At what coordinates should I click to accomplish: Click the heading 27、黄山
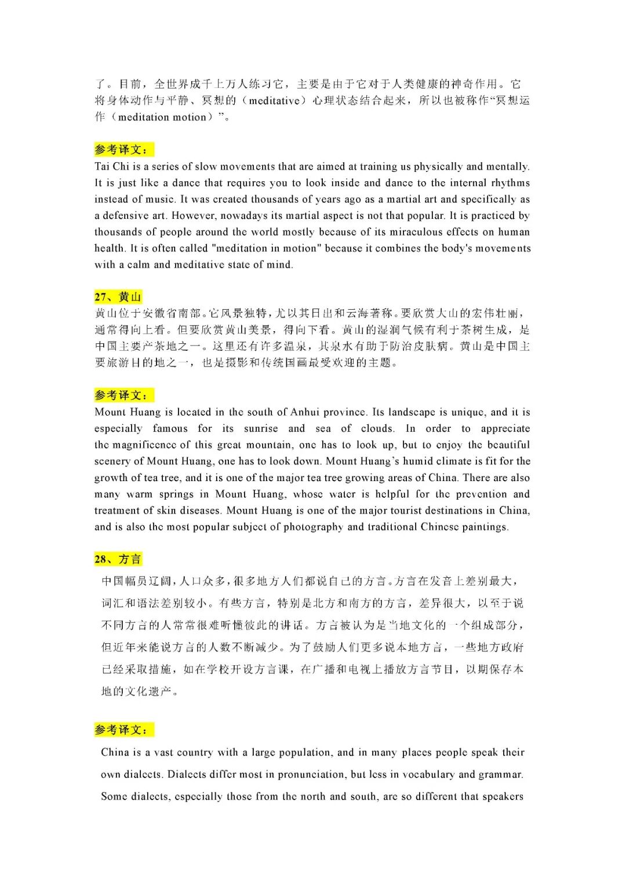(x=118, y=297)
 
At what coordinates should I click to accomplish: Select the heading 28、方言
(x=118, y=559)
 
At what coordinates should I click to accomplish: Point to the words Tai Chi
(x=112, y=166)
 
